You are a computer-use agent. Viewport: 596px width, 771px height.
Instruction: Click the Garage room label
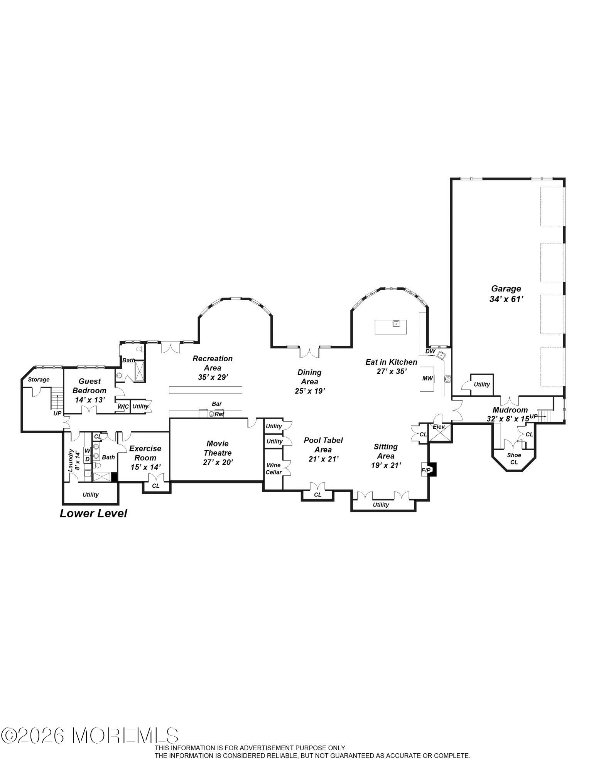pyautogui.click(x=506, y=288)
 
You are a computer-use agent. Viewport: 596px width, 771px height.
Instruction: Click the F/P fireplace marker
pyautogui.click(x=425, y=470)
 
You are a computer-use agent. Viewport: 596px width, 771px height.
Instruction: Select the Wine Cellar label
pyautogui.click(x=274, y=469)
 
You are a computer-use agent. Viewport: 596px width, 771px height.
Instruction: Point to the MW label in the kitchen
pyautogui.click(x=427, y=378)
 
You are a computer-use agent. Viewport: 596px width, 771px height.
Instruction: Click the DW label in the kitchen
pyautogui.click(x=430, y=351)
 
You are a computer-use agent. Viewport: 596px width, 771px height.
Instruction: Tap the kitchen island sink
pyautogui.click(x=395, y=323)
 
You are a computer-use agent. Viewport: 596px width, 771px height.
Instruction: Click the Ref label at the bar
pyautogui.click(x=219, y=414)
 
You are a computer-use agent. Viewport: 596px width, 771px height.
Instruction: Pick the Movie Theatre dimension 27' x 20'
pyautogui.click(x=218, y=462)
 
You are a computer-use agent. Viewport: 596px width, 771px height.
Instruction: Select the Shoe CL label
pyautogui.click(x=514, y=458)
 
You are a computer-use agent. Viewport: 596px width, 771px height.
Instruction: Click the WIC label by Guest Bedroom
pyautogui.click(x=123, y=406)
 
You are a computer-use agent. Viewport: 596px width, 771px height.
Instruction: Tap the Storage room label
pyautogui.click(x=39, y=379)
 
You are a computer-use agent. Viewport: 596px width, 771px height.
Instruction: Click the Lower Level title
pyautogui.click(x=93, y=513)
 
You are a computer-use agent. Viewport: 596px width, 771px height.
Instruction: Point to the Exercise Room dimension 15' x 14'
pyautogui.click(x=145, y=467)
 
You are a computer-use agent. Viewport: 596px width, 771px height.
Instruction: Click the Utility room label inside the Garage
pyautogui.click(x=481, y=384)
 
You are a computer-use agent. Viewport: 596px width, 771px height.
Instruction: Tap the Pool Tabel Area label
pyautogui.click(x=323, y=444)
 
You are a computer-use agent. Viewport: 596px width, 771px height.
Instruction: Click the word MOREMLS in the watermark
pyautogui.click(x=126, y=736)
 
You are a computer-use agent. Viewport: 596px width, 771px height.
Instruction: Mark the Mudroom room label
pyautogui.click(x=510, y=410)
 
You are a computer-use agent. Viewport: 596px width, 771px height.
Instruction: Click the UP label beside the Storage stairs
pyautogui.click(x=57, y=413)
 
